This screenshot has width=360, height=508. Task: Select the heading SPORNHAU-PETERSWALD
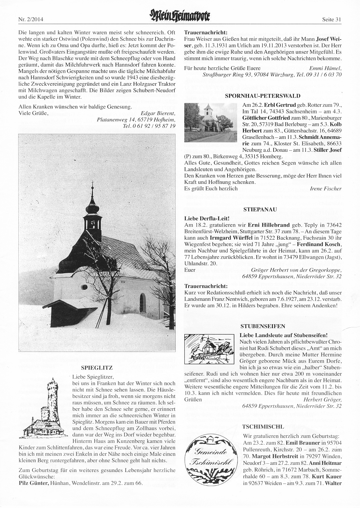click(262, 96)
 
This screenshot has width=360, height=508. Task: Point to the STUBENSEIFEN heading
click(262, 326)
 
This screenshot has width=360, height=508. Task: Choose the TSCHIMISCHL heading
click(263, 426)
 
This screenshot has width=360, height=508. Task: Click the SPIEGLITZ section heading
click(97, 368)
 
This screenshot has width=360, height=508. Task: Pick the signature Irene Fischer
click(325, 188)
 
